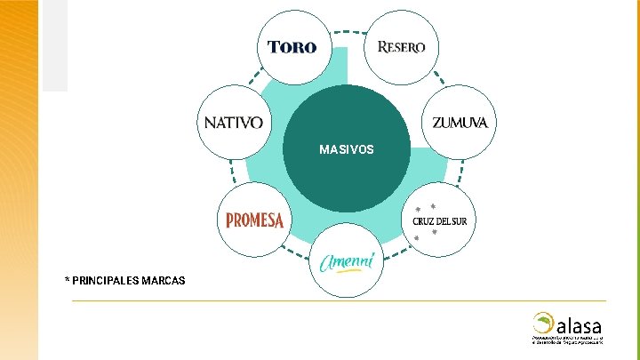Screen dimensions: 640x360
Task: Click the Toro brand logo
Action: click(292, 46)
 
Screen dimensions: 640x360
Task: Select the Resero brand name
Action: click(402, 46)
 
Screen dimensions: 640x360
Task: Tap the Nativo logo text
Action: click(233, 123)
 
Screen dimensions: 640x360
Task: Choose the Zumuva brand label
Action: click(460, 123)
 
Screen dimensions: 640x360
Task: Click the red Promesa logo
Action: click(254, 220)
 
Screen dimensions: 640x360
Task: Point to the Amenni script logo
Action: click(347, 260)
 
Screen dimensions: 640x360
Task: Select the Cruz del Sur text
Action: click(439, 220)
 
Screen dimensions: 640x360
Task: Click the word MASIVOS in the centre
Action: click(347, 149)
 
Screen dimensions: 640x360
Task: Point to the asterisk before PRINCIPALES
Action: click(67, 280)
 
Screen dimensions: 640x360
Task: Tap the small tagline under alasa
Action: click(569, 340)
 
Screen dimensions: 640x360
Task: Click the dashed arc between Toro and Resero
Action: click(347, 33)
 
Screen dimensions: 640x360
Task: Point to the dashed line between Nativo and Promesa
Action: click(231, 171)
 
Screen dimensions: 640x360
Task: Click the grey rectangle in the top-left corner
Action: click(54, 44)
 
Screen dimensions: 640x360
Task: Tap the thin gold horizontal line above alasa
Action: click(338, 300)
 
